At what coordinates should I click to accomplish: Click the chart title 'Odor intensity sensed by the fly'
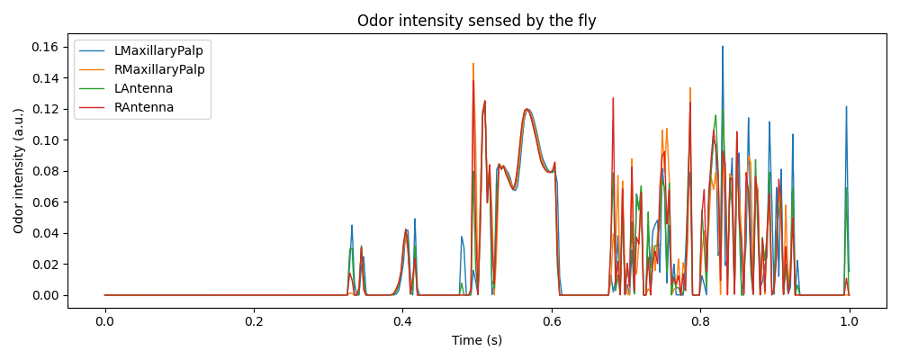(x=476, y=21)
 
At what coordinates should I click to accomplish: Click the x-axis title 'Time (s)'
(x=476, y=340)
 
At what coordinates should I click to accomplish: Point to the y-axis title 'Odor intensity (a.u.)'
(x=19, y=171)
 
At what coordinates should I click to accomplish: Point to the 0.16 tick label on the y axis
(x=46, y=47)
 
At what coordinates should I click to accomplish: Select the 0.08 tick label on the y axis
(x=46, y=171)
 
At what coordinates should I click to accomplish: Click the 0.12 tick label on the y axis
(x=46, y=109)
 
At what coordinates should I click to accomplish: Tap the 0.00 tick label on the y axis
(x=46, y=295)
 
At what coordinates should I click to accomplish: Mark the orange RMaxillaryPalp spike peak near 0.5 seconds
(x=473, y=64)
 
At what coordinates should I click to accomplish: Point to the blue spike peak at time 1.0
(x=846, y=106)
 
